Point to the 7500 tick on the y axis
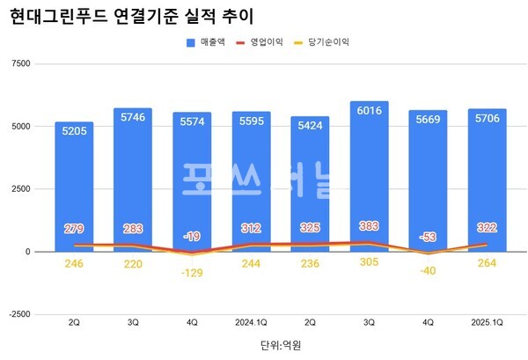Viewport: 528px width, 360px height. pyautogui.click(x=19, y=63)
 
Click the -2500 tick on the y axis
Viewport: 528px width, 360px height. pyautogui.click(x=18, y=314)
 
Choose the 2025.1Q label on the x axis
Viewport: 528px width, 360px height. pyautogui.click(x=487, y=323)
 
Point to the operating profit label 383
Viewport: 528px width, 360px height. pyautogui.click(x=369, y=226)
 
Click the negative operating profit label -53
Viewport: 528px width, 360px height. pyautogui.click(x=428, y=236)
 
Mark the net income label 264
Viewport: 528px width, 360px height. pyautogui.click(x=487, y=263)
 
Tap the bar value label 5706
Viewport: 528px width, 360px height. pyautogui.click(x=487, y=117)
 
